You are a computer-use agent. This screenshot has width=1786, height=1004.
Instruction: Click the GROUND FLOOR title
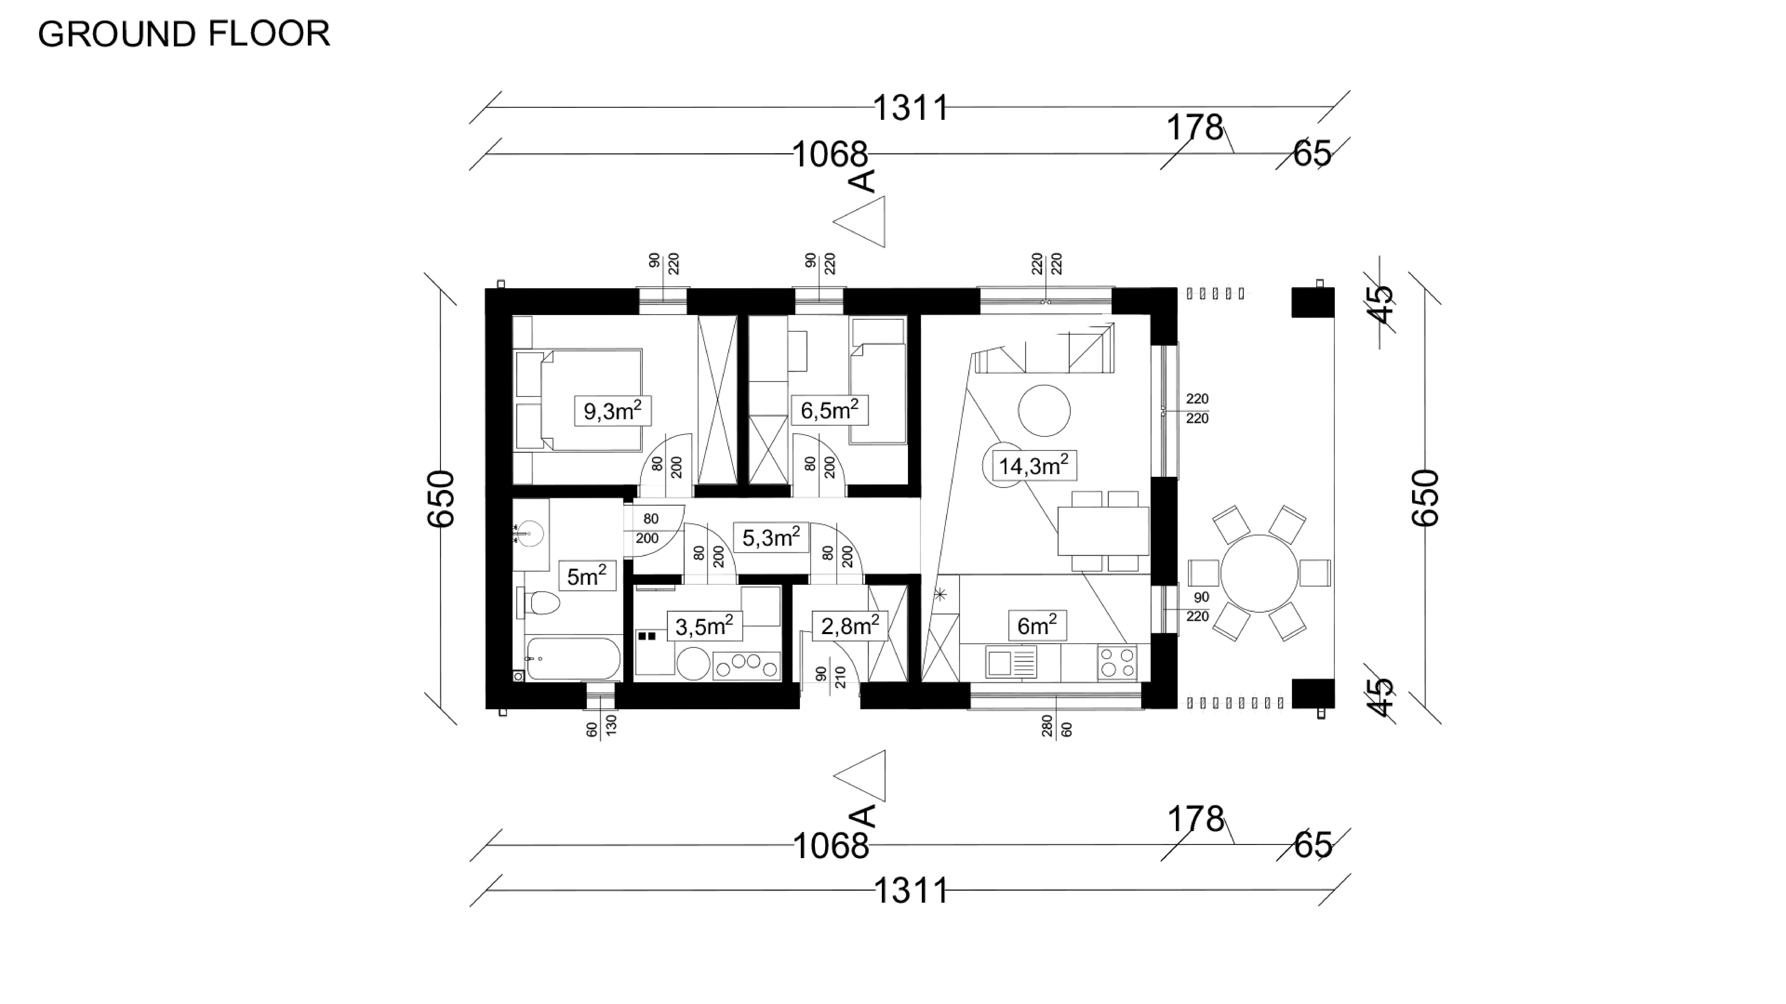(184, 34)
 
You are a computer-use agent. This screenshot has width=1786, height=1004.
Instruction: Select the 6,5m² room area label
(829, 410)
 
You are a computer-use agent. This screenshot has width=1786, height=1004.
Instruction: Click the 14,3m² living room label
(1033, 466)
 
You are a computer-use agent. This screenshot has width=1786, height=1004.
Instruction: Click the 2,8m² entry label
(849, 626)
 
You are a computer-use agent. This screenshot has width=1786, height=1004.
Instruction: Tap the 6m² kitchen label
(1037, 626)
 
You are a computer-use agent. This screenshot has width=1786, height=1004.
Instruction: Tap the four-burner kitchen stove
(1117, 662)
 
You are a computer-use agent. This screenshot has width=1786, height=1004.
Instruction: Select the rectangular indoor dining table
(1102, 531)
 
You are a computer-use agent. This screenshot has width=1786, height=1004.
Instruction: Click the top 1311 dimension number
(910, 108)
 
